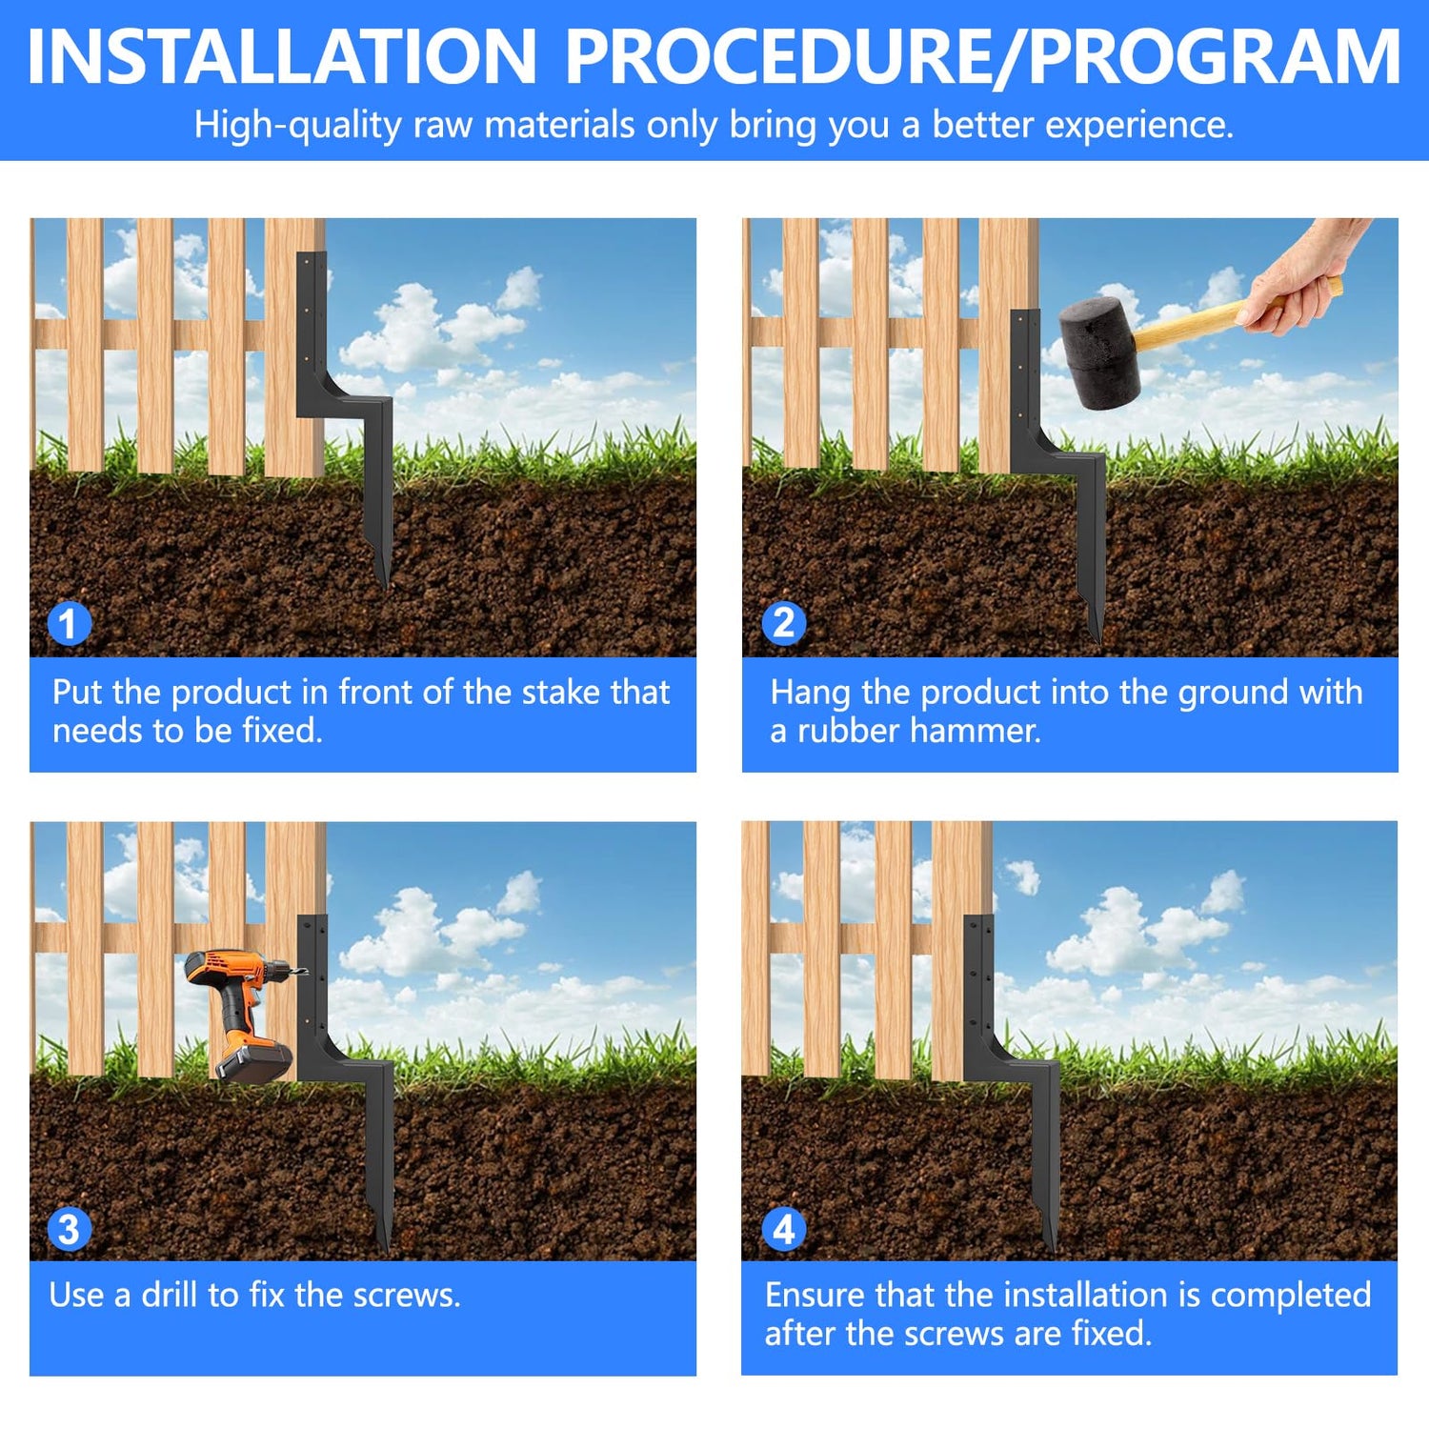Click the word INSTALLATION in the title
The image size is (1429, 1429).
[283, 56]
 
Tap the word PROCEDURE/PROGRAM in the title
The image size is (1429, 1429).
[983, 57]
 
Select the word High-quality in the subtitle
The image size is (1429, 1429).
[298, 125]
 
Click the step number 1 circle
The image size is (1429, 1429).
[69, 624]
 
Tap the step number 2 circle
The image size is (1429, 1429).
[784, 624]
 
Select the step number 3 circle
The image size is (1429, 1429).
[69, 1229]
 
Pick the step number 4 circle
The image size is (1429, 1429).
[784, 1229]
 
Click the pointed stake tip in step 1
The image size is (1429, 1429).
[384, 583]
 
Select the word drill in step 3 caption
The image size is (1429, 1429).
[170, 1295]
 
